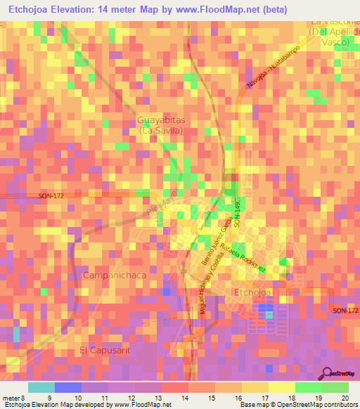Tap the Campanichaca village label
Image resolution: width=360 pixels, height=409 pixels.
coord(115,275)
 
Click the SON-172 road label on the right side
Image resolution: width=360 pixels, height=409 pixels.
coord(345,311)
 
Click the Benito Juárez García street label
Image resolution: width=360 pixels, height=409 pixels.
coord(219,233)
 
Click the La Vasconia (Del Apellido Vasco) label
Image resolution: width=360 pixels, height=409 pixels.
coord(334,32)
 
